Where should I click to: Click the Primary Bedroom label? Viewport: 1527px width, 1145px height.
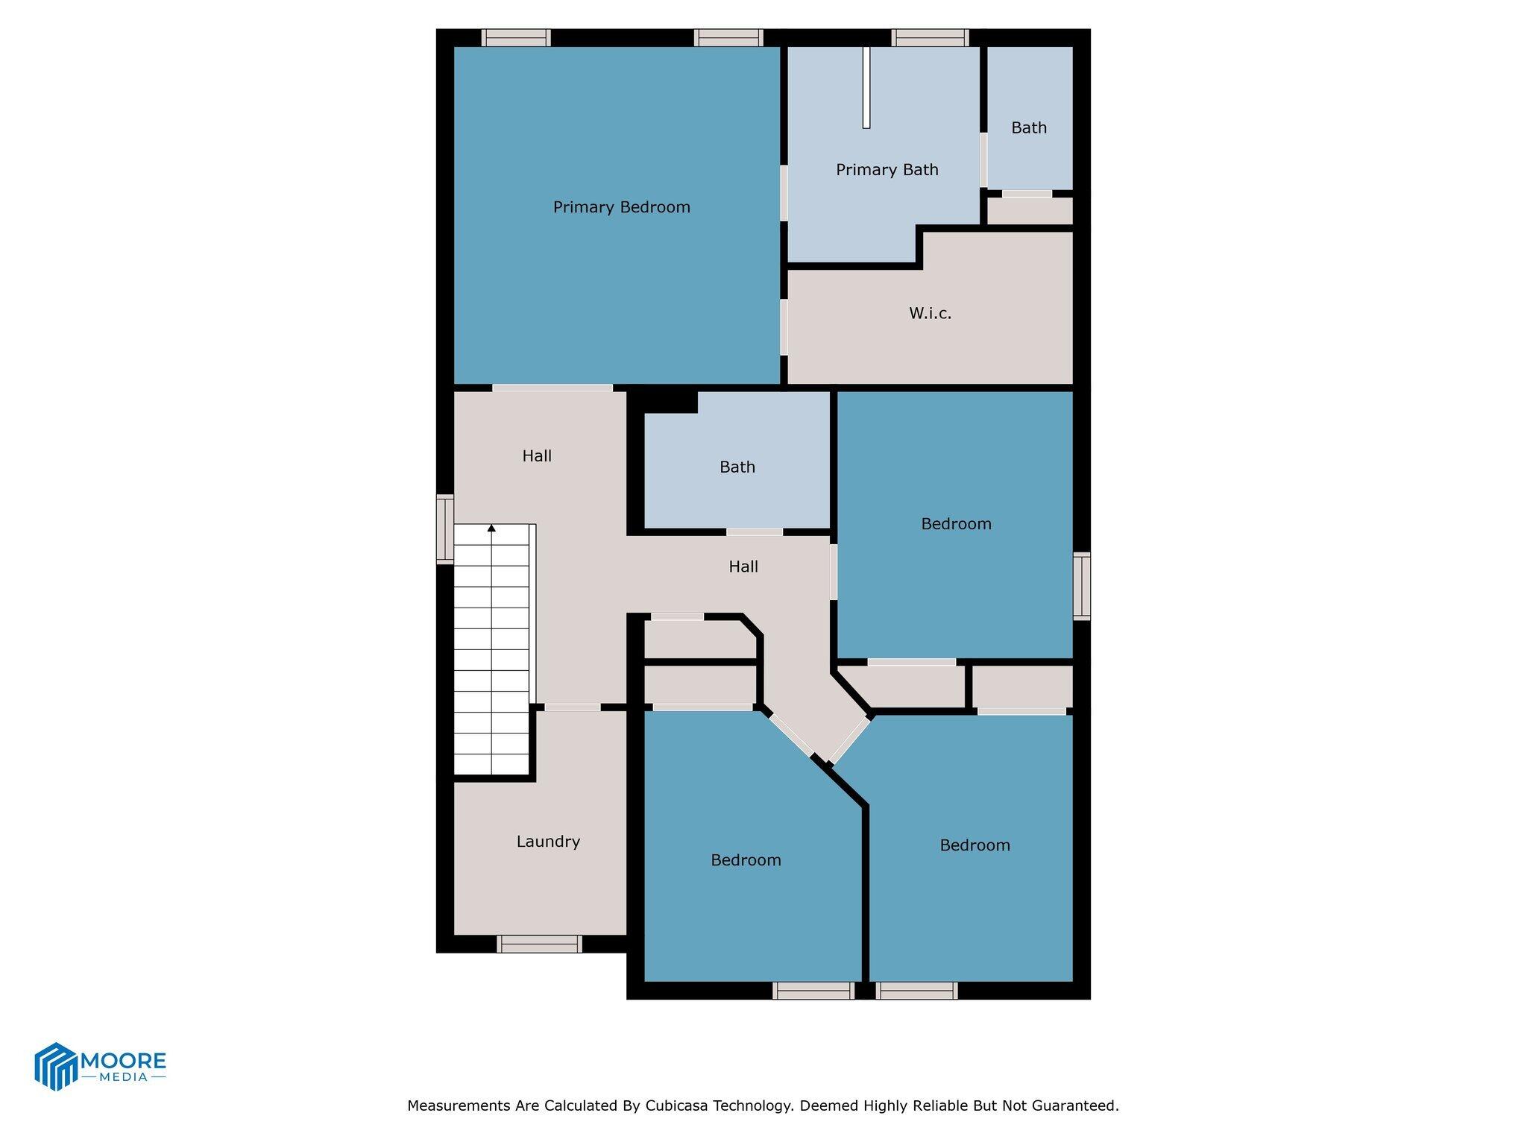[621, 207]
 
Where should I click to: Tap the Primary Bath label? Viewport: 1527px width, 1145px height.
[887, 170]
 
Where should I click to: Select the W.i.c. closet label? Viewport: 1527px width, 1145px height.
[930, 314]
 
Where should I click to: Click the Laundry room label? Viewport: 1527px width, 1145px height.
[548, 842]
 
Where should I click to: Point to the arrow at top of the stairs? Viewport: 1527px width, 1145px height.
[491, 529]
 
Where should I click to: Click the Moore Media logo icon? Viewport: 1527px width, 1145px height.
[57, 1066]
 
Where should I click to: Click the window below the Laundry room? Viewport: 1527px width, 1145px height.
[539, 944]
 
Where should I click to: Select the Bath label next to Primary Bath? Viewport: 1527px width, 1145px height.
[1028, 128]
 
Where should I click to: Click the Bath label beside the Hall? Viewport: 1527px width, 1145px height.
[737, 467]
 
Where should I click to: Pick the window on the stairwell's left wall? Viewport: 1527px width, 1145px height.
[445, 529]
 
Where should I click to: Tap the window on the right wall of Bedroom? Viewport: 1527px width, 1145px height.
[1081, 586]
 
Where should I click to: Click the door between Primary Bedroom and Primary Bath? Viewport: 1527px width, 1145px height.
[784, 192]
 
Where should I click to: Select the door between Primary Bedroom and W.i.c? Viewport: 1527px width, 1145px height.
[784, 327]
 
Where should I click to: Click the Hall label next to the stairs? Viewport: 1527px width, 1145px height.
[537, 456]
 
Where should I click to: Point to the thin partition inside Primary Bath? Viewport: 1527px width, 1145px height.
[866, 87]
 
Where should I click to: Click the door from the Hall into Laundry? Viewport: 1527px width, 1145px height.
[572, 707]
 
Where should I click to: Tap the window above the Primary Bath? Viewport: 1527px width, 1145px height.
[930, 37]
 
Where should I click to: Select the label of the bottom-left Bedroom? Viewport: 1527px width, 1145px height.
[746, 860]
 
